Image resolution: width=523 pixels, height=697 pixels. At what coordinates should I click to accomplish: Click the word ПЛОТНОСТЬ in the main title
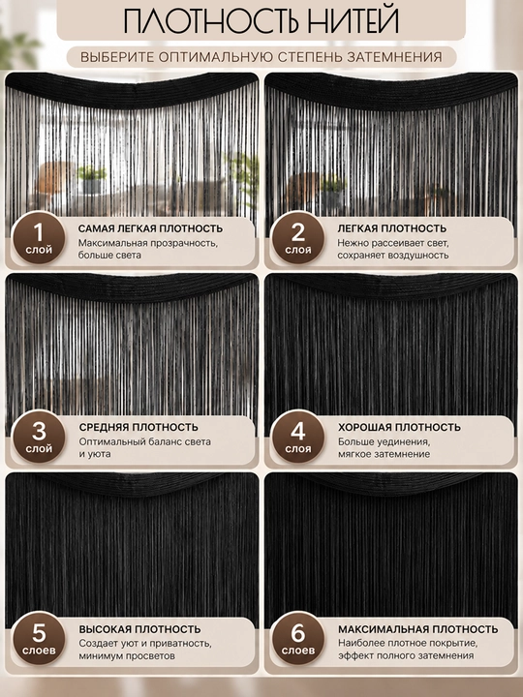tap(205, 20)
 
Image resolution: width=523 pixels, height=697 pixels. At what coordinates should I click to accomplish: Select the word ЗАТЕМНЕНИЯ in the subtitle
tap(394, 57)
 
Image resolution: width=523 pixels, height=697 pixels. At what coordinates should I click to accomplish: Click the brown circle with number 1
tap(38, 238)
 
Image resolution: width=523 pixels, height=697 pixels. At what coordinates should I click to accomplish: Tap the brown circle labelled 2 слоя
tap(298, 238)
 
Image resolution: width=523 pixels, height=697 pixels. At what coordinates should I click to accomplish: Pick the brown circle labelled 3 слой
tap(38, 437)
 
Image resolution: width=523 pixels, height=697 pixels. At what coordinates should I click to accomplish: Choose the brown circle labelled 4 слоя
tap(298, 437)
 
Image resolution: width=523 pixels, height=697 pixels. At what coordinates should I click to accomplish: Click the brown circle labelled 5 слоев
tap(38, 638)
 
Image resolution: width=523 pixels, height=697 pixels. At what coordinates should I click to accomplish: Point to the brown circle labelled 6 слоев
tap(298, 638)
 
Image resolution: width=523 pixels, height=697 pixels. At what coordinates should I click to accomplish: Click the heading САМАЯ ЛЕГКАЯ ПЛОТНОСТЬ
tap(150, 228)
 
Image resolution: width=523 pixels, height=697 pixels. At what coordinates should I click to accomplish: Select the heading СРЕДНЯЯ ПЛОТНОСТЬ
tap(138, 427)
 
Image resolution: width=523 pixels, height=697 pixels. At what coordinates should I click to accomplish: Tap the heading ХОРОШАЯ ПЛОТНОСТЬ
tap(399, 427)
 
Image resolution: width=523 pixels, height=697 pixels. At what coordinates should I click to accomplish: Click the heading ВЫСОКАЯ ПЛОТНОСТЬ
tap(140, 629)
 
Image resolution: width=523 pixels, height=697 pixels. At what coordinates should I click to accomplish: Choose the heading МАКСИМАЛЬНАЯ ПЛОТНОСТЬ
tap(418, 629)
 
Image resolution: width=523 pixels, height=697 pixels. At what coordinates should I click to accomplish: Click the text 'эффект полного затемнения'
tap(406, 655)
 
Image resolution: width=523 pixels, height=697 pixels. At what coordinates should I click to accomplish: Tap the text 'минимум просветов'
tap(127, 655)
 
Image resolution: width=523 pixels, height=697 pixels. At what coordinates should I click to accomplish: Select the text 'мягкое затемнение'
tap(385, 454)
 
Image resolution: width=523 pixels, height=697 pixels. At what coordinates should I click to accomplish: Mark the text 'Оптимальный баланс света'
tap(145, 441)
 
